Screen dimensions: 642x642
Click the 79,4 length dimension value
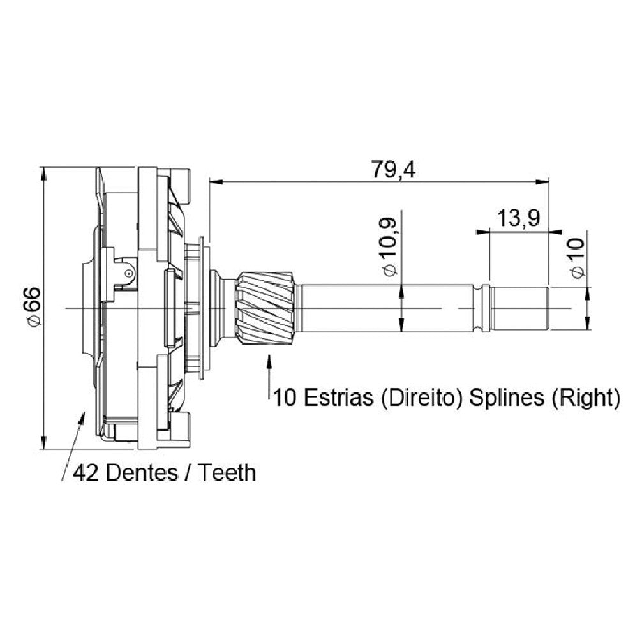[x=393, y=170]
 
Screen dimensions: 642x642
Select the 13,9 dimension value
[x=518, y=218]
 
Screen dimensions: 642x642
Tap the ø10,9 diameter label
[x=389, y=247]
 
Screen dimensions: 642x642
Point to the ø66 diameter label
[x=33, y=307]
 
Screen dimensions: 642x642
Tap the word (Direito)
[x=421, y=398]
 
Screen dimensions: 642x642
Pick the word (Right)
[x=586, y=398]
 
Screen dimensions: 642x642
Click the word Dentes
[x=142, y=473]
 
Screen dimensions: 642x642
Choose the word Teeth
[x=227, y=473]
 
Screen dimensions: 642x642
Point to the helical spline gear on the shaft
[x=264, y=308]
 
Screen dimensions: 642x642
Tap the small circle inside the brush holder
[x=130, y=274]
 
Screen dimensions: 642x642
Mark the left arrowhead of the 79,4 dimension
[x=215, y=181]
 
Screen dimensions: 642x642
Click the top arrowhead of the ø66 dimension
[x=43, y=173]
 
